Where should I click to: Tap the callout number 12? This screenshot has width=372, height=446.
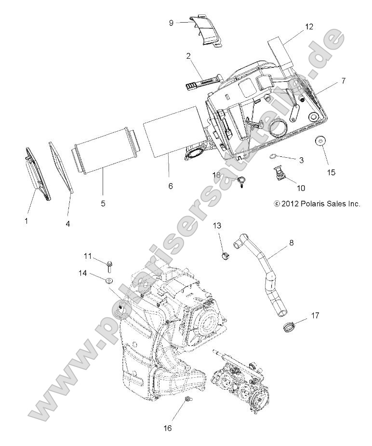click(x=309, y=26)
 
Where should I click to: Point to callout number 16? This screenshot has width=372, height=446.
click(x=168, y=428)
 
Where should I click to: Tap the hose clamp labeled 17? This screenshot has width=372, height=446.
click(x=289, y=328)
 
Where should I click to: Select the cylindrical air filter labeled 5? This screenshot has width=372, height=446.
click(x=105, y=151)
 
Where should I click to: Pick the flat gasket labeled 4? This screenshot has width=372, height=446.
click(x=61, y=166)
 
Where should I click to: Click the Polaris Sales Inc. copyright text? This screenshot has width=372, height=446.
click(x=317, y=204)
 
